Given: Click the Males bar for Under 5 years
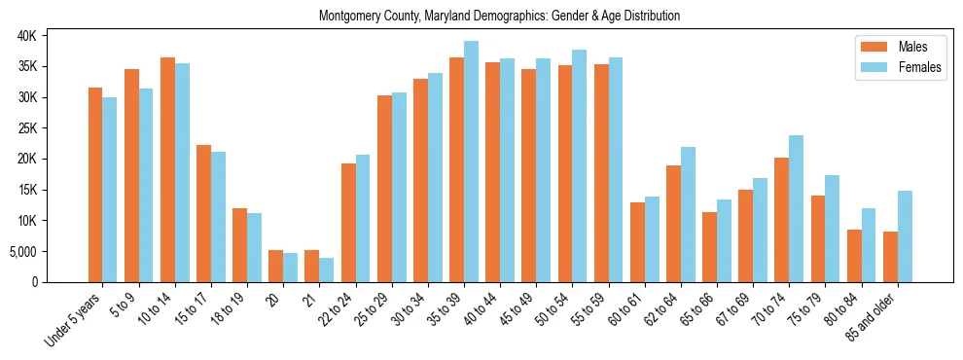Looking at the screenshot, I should coord(95,185).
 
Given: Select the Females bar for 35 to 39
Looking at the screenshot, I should coord(471,162).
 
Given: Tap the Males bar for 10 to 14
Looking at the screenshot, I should coord(167,169).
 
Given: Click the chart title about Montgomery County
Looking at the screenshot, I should coord(499,16).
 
